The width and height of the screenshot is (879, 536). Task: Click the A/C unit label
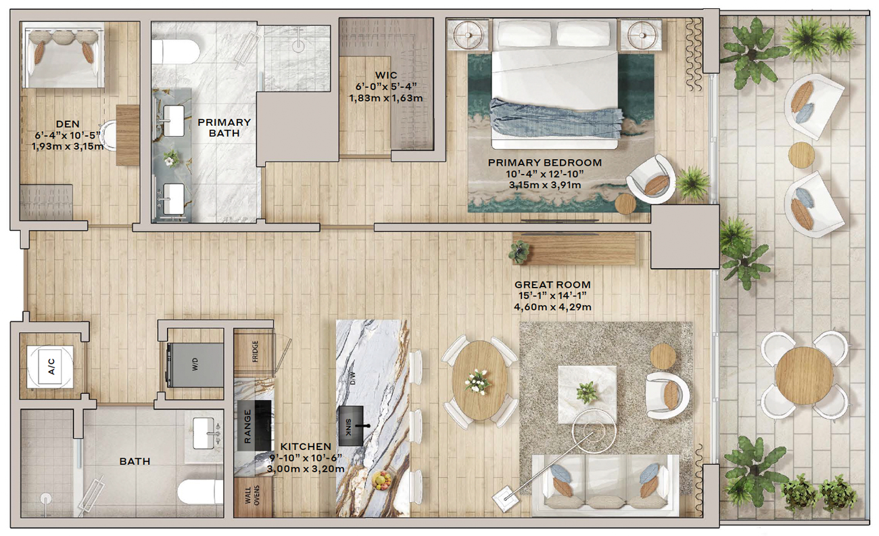coord(51,366)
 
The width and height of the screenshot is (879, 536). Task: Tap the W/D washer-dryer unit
coord(195,365)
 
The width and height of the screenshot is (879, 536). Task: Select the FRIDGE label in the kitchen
coord(255,351)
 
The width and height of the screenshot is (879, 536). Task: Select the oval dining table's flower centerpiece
coord(477,381)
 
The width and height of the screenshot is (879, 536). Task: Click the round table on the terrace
coord(804,376)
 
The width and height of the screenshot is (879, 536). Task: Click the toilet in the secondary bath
coord(200,491)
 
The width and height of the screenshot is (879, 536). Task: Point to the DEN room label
coord(68,124)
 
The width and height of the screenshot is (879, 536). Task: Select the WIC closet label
coord(386,75)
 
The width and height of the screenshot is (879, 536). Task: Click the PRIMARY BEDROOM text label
coord(545,162)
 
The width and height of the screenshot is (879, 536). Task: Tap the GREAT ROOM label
coord(552,285)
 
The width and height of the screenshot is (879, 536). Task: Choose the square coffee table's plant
coord(587,393)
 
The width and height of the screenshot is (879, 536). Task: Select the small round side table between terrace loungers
coord(801,155)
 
